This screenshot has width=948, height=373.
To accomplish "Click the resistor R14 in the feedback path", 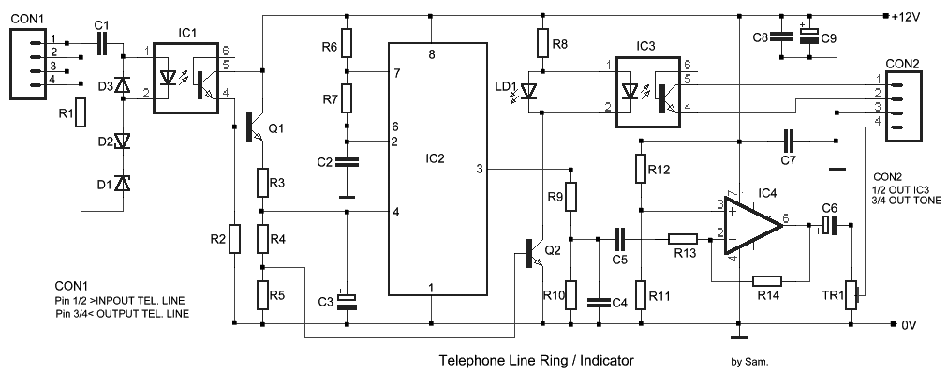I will tap(767, 280).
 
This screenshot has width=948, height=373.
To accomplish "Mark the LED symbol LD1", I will tap(529, 92).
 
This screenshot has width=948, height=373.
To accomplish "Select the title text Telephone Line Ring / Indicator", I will tap(537, 360).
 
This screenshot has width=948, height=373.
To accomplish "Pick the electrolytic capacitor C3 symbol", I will tap(347, 301).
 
